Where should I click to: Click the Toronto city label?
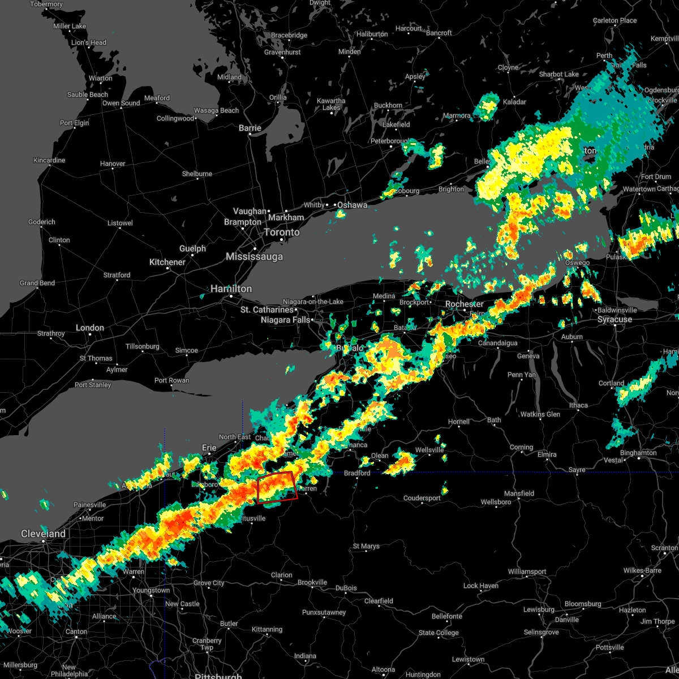[x=282, y=233]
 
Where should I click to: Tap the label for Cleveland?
[x=43, y=534]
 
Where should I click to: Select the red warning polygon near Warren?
[x=277, y=487]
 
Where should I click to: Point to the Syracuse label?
[x=614, y=320]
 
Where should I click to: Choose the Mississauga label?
[x=254, y=257]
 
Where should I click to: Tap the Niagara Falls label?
[x=286, y=320]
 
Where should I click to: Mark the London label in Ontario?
[x=90, y=328]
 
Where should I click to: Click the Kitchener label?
[x=167, y=263]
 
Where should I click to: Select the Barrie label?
[x=250, y=128]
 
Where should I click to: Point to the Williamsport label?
[x=527, y=572]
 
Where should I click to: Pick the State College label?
[x=439, y=633]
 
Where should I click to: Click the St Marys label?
[x=366, y=547]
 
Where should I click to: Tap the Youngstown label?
[x=151, y=591]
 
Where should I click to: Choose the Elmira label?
[x=547, y=454]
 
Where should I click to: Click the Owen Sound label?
[x=121, y=104]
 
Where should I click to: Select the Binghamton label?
[x=638, y=453]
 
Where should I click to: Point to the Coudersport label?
[x=422, y=498]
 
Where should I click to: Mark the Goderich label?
[x=42, y=222]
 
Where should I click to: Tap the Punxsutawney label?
[x=324, y=613]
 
